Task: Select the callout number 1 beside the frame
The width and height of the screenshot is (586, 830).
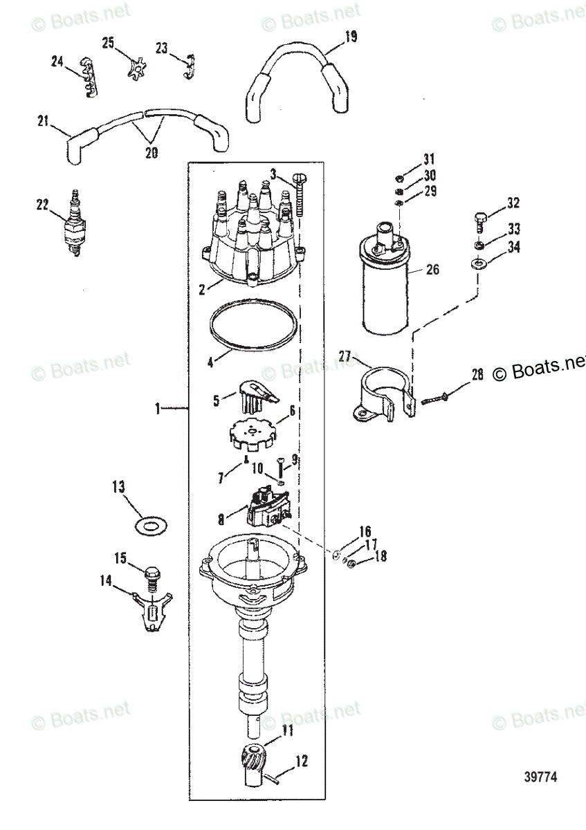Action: [x=158, y=409]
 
